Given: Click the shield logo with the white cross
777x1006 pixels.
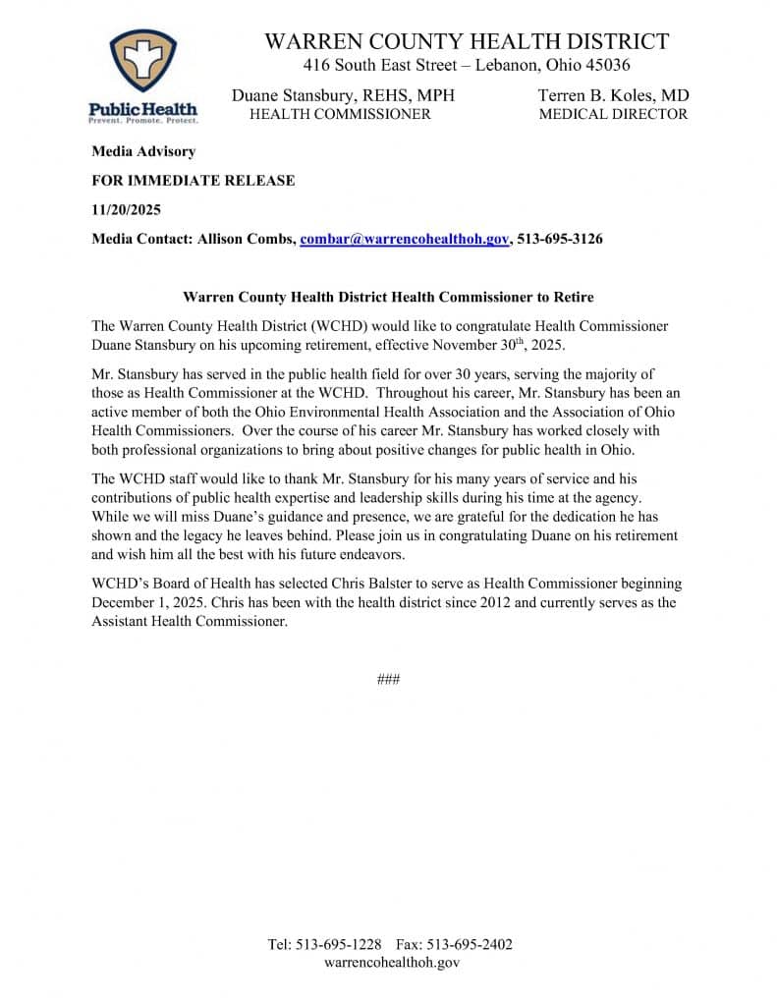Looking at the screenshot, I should tap(142, 60).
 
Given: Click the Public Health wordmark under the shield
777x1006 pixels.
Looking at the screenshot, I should tap(142, 109).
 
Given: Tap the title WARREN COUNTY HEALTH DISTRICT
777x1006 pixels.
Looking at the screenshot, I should tap(467, 41).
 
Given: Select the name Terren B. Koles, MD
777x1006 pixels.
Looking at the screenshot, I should tap(613, 95).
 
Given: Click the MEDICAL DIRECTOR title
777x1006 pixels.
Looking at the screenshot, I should tap(613, 114).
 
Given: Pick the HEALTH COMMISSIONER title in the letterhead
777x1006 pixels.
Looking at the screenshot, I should tap(340, 114).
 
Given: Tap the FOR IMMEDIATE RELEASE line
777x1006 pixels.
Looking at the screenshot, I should tap(193, 181).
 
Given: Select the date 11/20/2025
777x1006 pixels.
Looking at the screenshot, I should tap(126, 210).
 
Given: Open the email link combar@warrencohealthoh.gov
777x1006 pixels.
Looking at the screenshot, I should tap(404, 240).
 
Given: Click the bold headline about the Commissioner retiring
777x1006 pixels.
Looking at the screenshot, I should tap(388, 297).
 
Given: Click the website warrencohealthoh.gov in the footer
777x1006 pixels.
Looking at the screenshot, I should tap(391, 963).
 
